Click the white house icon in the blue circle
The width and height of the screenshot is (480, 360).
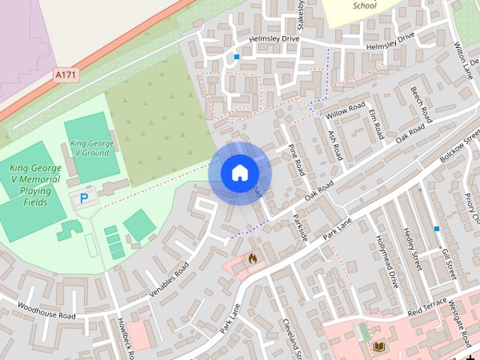tap(239, 172)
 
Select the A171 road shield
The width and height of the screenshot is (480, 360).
tap(66, 74)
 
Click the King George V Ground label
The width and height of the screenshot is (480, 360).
tap(91, 147)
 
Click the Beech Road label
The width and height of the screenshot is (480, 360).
tap(421, 105)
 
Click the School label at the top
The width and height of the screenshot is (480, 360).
tap(364, 6)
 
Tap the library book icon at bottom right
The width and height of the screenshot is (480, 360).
tap(379, 346)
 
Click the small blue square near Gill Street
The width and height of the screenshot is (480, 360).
tap(436, 228)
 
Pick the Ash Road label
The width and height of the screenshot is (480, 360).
tap(334, 136)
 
